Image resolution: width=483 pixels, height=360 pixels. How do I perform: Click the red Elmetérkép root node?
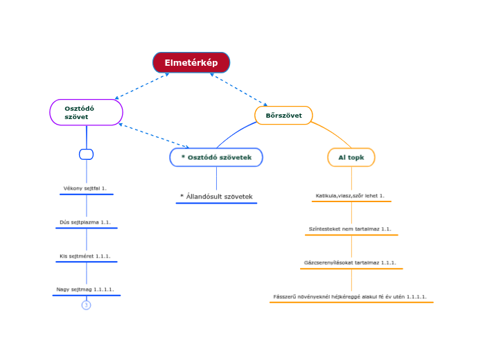(x=191, y=62)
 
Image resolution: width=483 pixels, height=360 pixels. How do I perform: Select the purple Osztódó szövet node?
(x=86, y=112)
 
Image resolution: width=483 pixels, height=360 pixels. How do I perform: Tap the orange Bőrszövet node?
(x=283, y=115)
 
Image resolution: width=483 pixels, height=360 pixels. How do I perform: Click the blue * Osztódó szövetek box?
(x=216, y=157)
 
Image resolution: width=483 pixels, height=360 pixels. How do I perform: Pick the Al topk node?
(x=351, y=157)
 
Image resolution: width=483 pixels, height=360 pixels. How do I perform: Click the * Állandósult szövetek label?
(x=216, y=197)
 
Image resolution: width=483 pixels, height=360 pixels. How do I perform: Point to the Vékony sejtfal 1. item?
(x=85, y=188)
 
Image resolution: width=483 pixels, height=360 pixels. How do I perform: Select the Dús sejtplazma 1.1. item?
(x=86, y=222)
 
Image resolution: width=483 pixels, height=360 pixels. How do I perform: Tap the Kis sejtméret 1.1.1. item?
(x=85, y=256)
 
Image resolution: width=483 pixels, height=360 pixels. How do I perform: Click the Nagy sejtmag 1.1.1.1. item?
(x=86, y=289)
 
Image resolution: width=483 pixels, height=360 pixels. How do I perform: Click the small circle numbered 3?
(x=86, y=305)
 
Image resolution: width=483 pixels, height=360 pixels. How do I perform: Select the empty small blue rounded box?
(x=87, y=154)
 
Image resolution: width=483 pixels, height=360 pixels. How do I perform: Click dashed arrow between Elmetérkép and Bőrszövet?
(x=238, y=89)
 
